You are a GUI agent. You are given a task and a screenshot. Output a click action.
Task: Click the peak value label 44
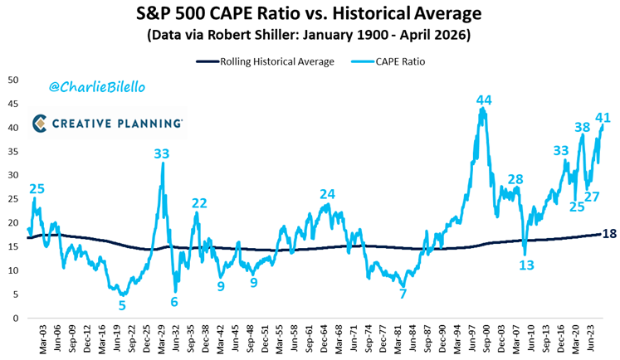(484, 100)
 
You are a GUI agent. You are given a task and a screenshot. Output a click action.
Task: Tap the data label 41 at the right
(603, 118)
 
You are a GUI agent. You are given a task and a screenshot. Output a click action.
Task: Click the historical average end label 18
(609, 234)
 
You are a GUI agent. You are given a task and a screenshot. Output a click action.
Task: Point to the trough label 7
(403, 294)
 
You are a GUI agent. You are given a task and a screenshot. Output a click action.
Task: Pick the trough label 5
(122, 305)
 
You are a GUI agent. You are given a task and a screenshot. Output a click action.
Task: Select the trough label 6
(174, 302)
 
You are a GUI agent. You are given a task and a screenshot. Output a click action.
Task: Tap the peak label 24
(327, 194)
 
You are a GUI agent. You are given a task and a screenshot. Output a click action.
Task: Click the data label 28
(515, 179)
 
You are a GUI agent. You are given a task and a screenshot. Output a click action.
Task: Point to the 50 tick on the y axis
(13, 80)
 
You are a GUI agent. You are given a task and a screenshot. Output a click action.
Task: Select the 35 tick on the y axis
(13, 151)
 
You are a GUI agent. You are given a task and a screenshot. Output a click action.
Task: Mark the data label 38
(583, 128)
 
